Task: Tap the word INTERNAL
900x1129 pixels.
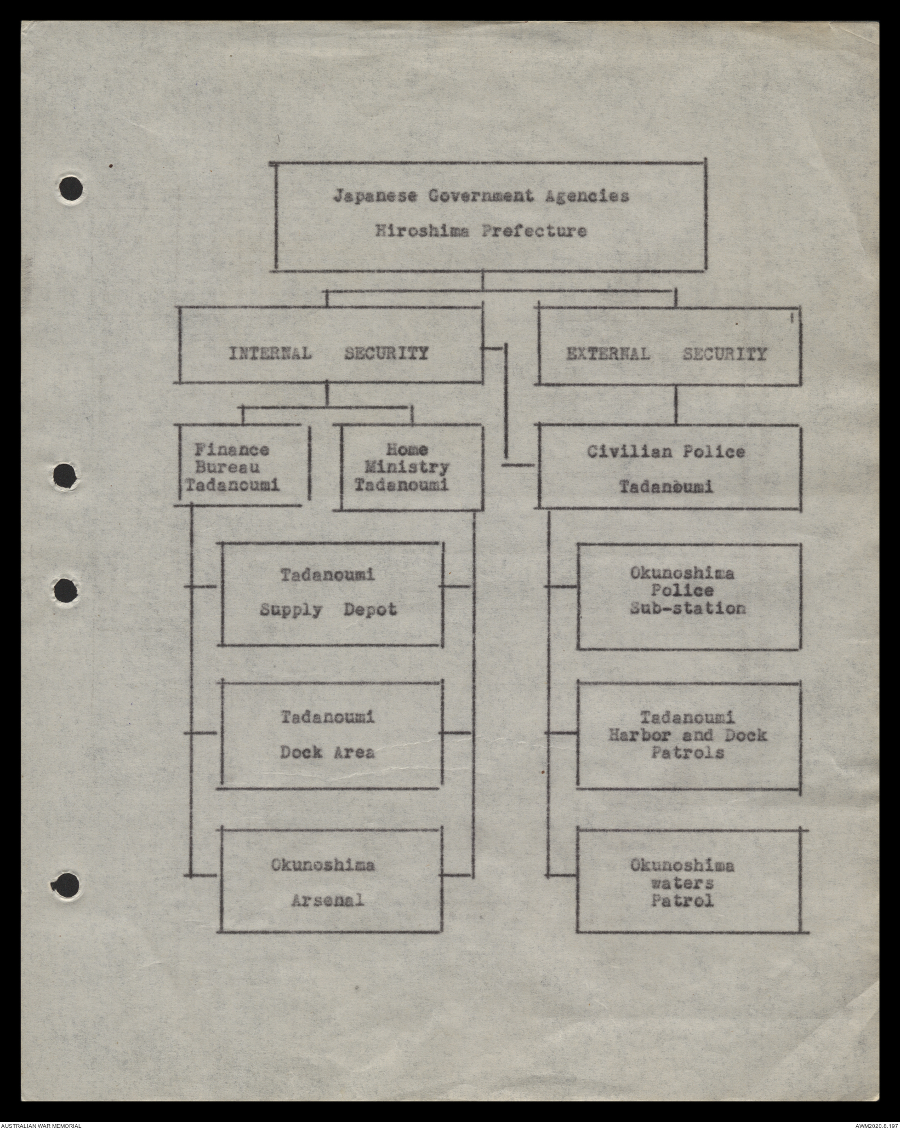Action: click(x=270, y=353)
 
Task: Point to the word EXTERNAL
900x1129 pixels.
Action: click(x=607, y=354)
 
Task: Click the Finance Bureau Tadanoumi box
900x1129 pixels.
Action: click(x=241, y=467)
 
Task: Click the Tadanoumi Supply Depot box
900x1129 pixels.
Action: click(x=331, y=593)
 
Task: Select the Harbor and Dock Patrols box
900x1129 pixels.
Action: click(x=688, y=735)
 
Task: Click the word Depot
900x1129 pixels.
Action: click(x=369, y=610)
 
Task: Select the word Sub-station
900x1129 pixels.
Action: click(x=687, y=609)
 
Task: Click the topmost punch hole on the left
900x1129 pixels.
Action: click(x=71, y=188)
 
